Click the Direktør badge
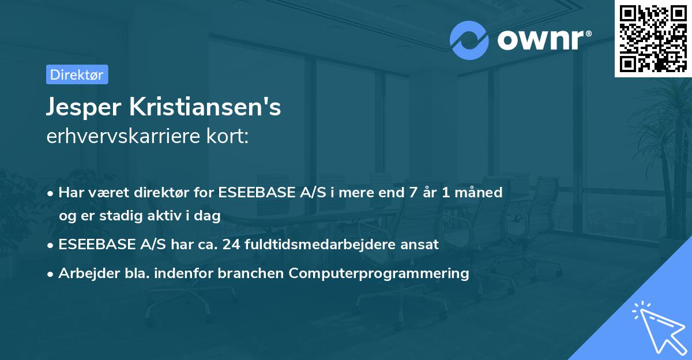pos(77,74)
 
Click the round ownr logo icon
pos(469,40)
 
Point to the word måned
pos(481,193)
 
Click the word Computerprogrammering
pos(379,273)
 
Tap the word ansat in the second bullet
pos(423,245)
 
